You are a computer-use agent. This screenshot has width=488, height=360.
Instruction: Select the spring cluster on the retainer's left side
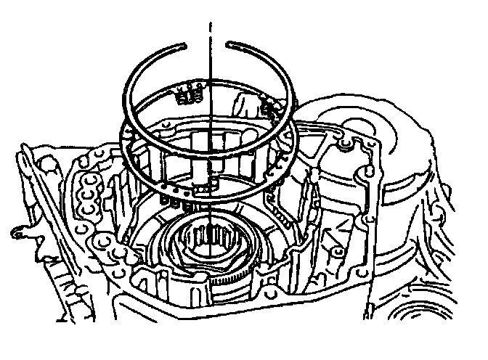[x=190, y=93]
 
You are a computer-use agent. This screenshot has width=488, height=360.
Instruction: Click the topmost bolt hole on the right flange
[x=347, y=149]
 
